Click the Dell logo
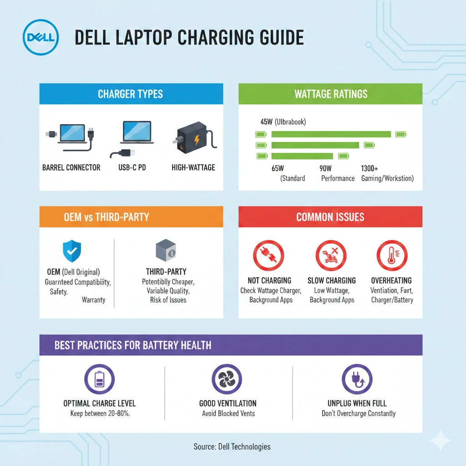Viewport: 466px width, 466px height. (x=41, y=37)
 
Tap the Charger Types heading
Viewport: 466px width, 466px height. (x=130, y=95)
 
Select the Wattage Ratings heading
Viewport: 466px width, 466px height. (x=331, y=95)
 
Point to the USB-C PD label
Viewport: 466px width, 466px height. (x=132, y=167)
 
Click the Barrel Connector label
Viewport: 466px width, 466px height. (x=71, y=167)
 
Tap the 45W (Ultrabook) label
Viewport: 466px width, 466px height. (x=283, y=122)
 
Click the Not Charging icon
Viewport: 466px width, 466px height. (x=268, y=256)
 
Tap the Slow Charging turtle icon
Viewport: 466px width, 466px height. (x=331, y=256)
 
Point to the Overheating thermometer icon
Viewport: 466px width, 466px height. (x=391, y=256)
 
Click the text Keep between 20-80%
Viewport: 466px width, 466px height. (x=99, y=414)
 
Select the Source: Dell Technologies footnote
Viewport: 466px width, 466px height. (x=232, y=446)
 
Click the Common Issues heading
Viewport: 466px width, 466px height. (x=330, y=217)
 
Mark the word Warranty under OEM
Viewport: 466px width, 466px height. (x=94, y=300)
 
